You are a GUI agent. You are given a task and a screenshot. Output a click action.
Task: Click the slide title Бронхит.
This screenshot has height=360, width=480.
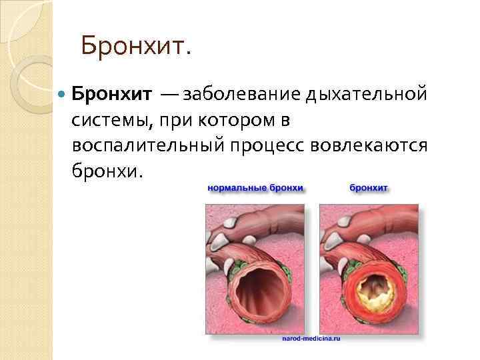point(136,46)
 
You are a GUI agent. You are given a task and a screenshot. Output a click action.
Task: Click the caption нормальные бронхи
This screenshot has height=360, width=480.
point(255,188)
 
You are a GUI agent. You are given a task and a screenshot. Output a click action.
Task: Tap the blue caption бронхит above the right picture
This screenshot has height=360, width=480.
point(369,188)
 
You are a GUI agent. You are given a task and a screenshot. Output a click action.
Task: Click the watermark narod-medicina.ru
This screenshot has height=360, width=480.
point(311,339)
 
